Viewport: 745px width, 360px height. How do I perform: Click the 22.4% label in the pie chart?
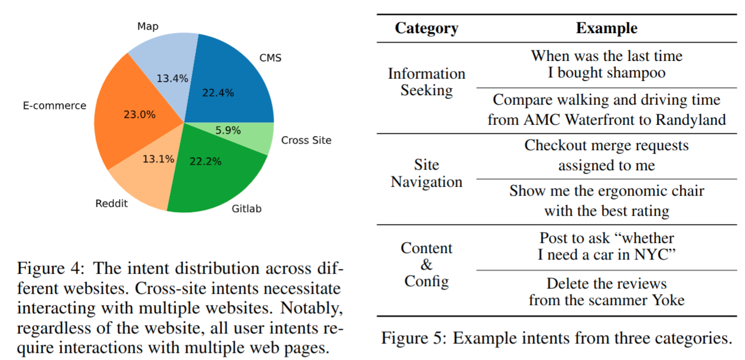[x=219, y=92]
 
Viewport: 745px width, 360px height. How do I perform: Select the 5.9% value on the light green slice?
[x=227, y=131]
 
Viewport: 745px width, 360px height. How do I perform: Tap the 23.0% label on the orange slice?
[x=139, y=114]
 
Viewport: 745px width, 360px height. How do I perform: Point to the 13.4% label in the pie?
[x=173, y=78]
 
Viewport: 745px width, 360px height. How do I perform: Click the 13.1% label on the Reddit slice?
[x=158, y=158]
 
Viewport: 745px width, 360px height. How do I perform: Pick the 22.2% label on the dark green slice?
[x=206, y=161]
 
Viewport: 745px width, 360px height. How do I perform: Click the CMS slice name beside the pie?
[x=271, y=58]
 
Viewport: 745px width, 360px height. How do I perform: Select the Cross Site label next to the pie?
[x=306, y=140]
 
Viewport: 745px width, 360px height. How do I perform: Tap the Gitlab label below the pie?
[x=246, y=208]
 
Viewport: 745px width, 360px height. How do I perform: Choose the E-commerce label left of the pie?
[x=54, y=106]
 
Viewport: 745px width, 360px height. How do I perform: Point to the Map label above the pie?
[x=148, y=27]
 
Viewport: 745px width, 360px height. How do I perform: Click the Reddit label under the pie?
[x=112, y=204]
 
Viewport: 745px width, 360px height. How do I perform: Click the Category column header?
[x=426, y=28]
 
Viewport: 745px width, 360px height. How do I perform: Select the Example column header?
[x=607, y=28]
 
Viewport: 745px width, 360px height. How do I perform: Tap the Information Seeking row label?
[x=426, y=82]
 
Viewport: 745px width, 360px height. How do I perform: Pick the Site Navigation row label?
[x=426, y=173]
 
